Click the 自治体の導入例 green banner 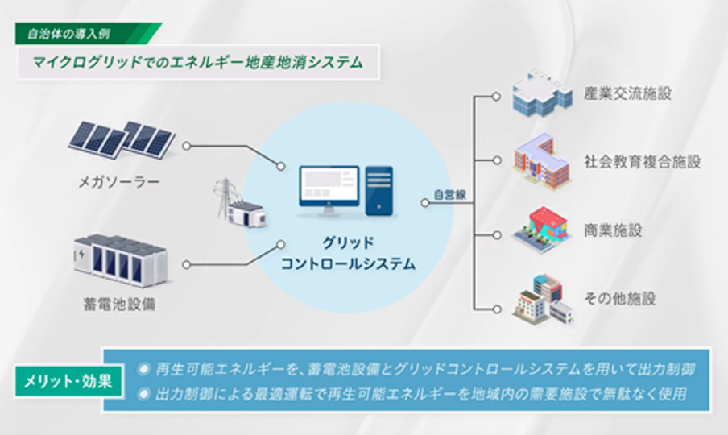89,34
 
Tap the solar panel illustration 122,139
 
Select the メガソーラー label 119,181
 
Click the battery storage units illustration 121,259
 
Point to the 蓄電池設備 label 119,304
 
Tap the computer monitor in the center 329,190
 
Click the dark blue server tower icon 379,191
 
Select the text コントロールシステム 348,264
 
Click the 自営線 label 449,194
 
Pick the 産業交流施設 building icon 542,93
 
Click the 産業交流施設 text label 627,93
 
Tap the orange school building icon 542,161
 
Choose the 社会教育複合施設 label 642,162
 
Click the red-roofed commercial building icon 542,230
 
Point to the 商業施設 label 613,230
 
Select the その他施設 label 620,299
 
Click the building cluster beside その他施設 544,300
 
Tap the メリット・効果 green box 68,381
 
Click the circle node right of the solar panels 187,147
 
